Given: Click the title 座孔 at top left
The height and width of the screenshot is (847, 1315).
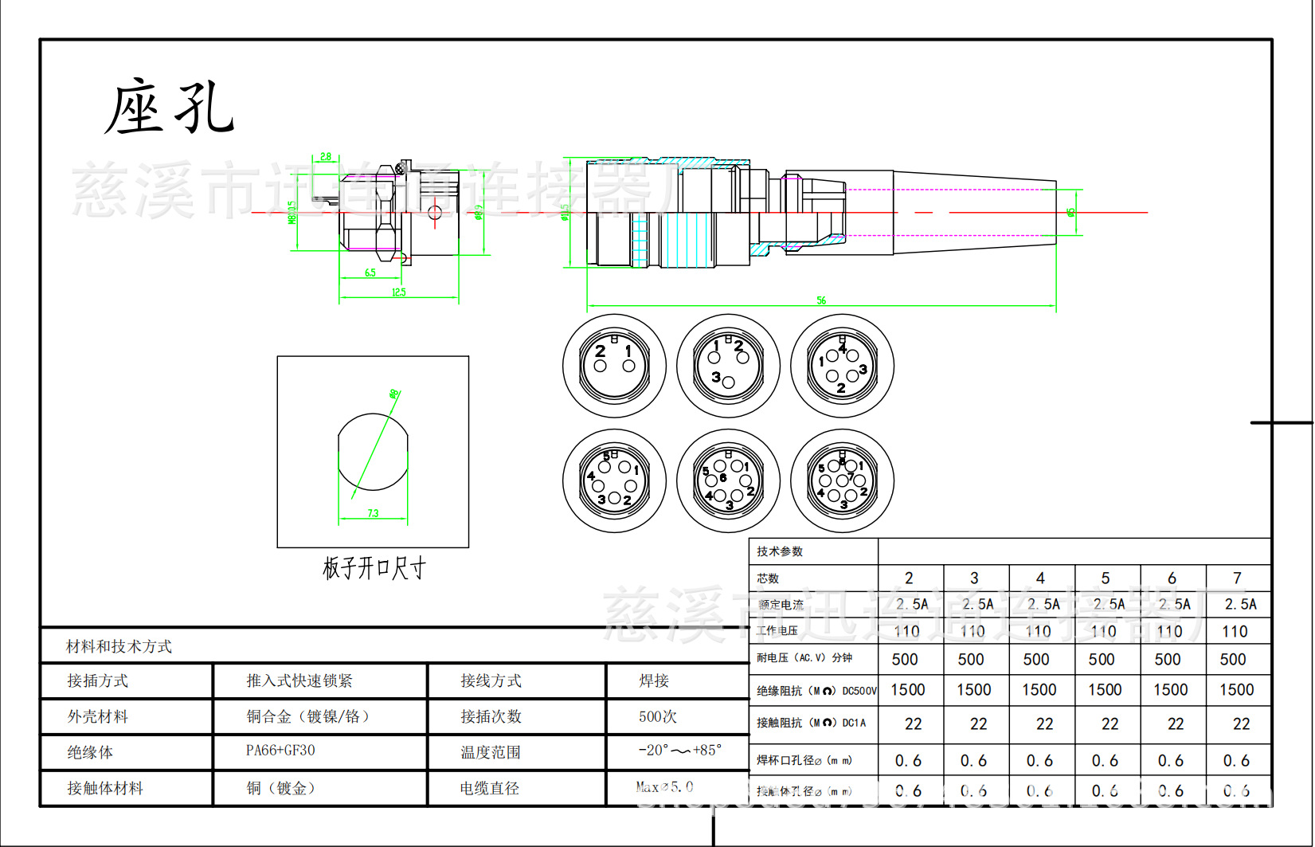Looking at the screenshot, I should coord(169,108).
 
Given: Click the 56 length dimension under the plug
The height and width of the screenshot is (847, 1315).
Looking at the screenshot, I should coord(821,300).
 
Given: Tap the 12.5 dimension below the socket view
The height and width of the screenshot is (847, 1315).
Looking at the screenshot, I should coord(399,292).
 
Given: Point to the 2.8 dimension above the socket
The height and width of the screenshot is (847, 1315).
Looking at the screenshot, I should coord(326,157).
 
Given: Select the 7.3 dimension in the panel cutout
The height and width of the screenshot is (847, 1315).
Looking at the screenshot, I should coord(373,514).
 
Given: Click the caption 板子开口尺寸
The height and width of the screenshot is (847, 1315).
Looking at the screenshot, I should coord(374,568).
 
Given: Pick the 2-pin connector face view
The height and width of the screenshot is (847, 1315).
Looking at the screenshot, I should coord(614,366).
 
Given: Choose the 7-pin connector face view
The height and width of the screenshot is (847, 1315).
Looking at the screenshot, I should coord(842,481).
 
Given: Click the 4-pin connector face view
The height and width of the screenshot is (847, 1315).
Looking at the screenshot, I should coord(842,366).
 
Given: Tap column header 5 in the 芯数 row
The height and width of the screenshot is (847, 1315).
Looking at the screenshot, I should coord(1106,578).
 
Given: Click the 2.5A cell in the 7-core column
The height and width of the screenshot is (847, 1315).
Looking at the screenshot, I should coord(1240,604).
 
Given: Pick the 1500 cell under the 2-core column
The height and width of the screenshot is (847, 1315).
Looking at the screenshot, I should coord(908,690).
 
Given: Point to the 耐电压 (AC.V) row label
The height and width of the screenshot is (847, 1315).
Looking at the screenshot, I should coord(804,658).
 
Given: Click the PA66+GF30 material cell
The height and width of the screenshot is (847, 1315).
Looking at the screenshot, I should coord(280,751).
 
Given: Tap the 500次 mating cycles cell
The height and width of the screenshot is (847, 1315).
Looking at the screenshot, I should coord(658,716).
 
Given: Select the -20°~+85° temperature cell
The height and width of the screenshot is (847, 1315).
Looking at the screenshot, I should coord(679,751).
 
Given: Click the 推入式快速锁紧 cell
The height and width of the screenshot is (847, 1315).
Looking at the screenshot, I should coord(299,680).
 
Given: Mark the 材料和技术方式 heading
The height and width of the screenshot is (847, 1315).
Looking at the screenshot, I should coord(119,646).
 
